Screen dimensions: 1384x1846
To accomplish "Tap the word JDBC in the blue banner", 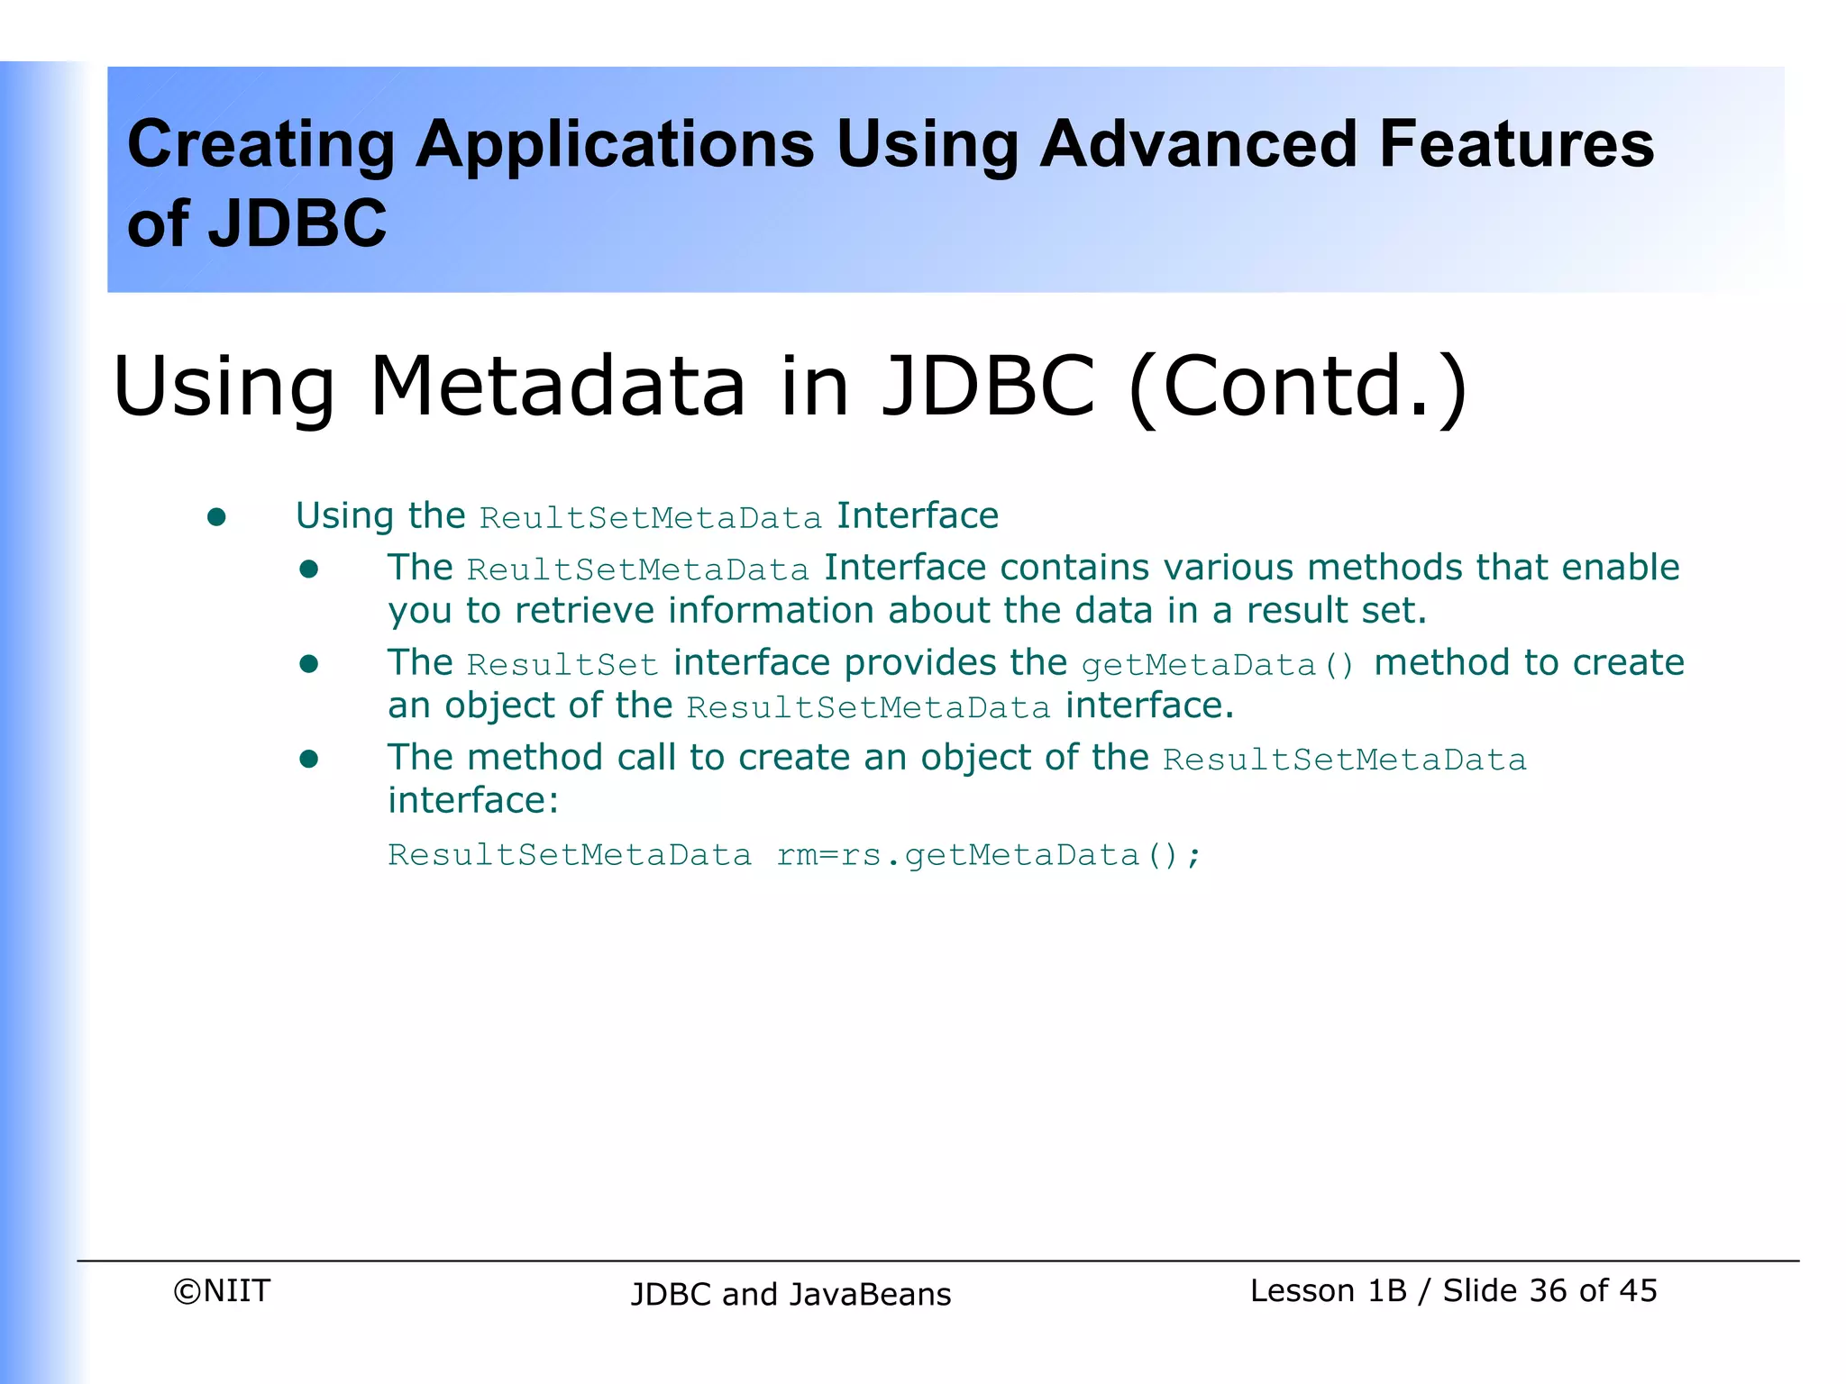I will coord(297,223).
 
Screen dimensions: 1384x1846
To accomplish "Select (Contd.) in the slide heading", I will coord(1298,387).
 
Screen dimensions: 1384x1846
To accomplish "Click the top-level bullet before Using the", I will coord(216,517).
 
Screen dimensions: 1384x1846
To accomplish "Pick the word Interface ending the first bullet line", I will coord(918,516).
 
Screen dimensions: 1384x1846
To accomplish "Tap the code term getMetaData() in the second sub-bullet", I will coord(1218,665).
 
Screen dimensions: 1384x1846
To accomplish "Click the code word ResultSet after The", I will coord(562,665).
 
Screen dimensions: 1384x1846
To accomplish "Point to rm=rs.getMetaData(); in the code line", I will coord(989,855).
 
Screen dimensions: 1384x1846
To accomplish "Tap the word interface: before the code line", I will coord(473,800).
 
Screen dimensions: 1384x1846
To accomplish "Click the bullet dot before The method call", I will coord(309,759).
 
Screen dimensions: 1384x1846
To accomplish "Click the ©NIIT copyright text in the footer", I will coord(222,1291).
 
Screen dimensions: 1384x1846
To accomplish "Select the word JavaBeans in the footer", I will coord(870,1295).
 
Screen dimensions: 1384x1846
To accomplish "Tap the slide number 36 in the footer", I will coord(1549,1291).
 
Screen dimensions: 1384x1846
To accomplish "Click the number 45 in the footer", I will coord(1638,1291).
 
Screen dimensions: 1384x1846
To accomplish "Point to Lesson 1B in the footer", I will coord(1328,1291).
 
